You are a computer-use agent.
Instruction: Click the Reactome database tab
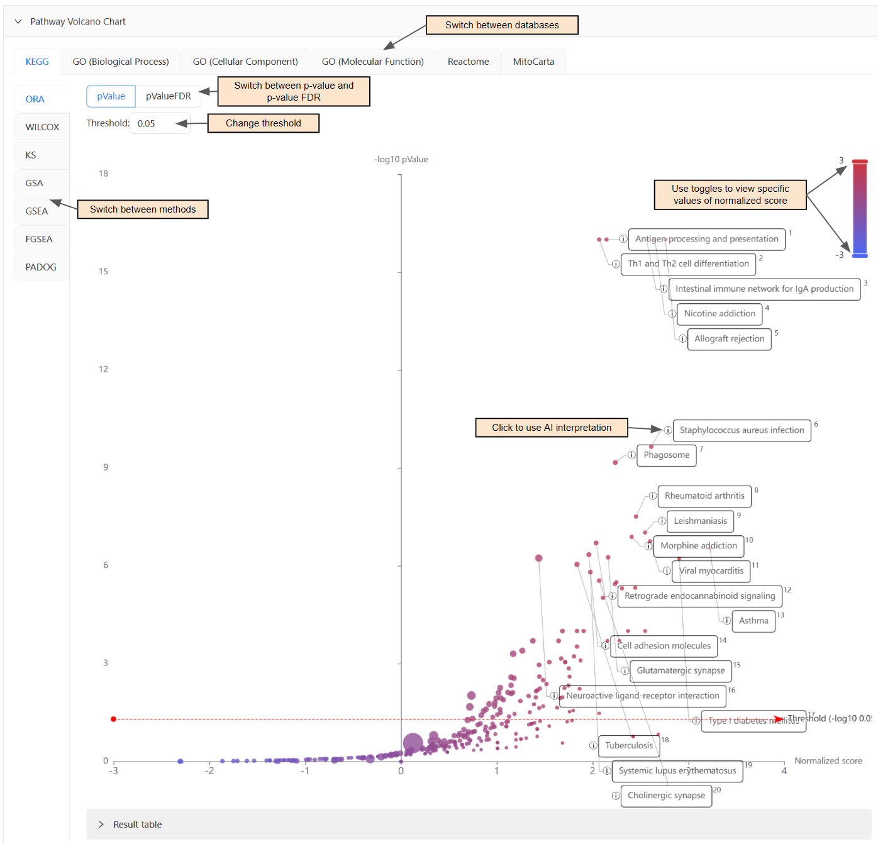(468, 62)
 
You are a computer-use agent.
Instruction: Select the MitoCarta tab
(533, 62)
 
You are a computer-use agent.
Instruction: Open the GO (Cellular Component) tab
(245, 62)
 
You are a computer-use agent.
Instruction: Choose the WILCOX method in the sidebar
(42, 127)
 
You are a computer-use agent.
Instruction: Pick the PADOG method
(41, 267)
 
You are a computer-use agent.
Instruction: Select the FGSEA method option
(39, 239)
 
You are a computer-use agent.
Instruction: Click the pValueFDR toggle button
(168, 96)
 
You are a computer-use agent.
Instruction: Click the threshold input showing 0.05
(159, 123)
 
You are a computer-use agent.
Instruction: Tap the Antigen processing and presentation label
(706, 239)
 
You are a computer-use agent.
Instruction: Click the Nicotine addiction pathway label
(720, 314)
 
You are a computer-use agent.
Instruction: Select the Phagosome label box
(666, 455)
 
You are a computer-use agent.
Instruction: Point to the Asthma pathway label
(753, 621)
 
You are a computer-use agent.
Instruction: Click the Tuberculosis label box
(629, 746)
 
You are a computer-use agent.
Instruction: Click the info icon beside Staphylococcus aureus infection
(667, 430)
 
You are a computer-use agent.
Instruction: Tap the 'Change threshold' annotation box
(263, 123)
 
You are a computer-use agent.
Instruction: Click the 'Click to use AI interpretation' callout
(551, 428)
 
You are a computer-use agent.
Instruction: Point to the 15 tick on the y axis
(103, 272)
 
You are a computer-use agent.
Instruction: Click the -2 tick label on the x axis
(209, 771)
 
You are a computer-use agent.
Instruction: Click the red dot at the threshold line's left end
(114, 719)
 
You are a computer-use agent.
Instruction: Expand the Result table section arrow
(101, 825)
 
